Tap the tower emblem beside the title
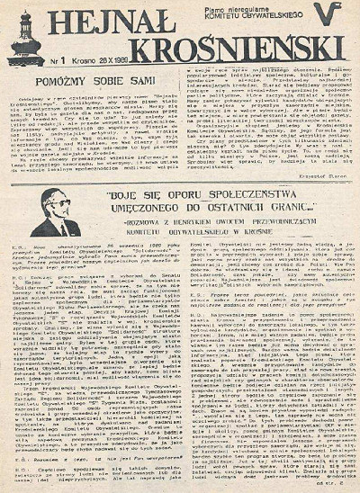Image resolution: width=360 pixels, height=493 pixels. point(24,40)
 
